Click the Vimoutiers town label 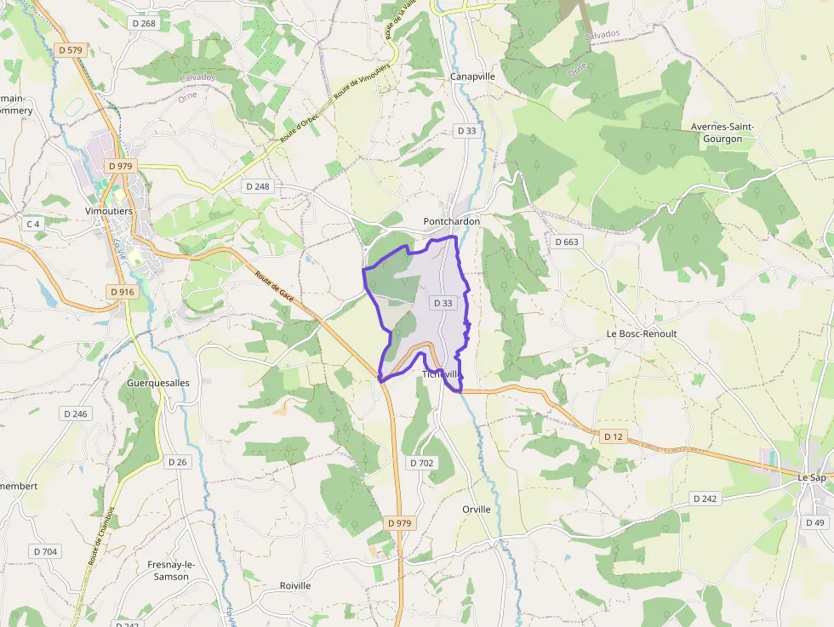click(x=109, y=211)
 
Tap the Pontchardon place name click(x=452, y=221)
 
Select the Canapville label click(x=472, y=77)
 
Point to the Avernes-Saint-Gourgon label click(x=723, y=133)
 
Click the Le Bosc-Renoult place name click(x=641, y=333)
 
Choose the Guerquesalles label click(x=157, y=383)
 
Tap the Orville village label click(x=477, y=509)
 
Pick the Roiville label click(x=295, y=585)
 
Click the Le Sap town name click(x=812, y=477)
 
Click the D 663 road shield click(x=566, y=242)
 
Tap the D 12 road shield click(x=613, y=436)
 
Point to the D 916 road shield click(x=122, y=292)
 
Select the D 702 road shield click(x=421, y=463)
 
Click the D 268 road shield click(x=144, y=23)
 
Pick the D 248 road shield click(x=257, y=185)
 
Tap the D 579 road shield click(x=71, y=50)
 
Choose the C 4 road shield click(x=33, y=224)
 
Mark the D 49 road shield click(x=814, y=522)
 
